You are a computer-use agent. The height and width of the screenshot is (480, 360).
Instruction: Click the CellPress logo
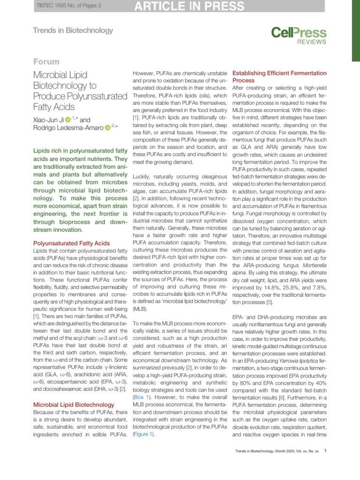[299, 33]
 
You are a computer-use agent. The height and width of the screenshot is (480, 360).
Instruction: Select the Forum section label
[46, 62]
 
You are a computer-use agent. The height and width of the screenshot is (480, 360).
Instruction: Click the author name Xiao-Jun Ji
[48, 120]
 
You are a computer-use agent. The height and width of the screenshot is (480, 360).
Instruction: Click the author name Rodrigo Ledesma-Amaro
[67, 129]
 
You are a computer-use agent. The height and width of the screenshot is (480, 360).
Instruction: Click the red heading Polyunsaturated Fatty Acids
[71, 243]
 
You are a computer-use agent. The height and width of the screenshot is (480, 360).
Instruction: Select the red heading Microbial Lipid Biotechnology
[74, 404]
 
